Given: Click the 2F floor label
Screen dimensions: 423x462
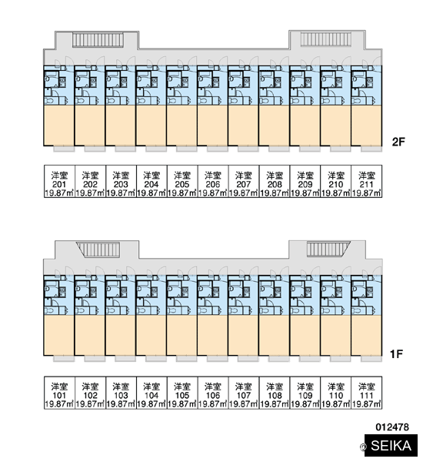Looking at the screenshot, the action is pos(398,142).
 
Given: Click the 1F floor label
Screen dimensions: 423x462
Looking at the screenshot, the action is pos(396,353).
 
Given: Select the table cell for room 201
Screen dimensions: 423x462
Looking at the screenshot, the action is pos(59,181).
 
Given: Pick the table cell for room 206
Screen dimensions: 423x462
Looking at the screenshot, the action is pos(213,181).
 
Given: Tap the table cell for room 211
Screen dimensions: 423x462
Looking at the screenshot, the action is pos(367,181).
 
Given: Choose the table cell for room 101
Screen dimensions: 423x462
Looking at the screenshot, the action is pos(59,393).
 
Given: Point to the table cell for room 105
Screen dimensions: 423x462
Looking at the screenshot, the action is pos(182,393).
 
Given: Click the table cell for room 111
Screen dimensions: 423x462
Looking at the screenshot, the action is pos(367,393).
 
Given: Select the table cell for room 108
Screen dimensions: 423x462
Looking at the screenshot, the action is pos(275,393).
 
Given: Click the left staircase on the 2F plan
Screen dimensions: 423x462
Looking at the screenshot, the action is pos(98,40).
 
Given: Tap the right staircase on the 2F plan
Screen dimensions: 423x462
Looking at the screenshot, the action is pos(326,39).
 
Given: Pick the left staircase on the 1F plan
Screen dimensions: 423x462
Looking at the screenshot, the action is pos(98,249).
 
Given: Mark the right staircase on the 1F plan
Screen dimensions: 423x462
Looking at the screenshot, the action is pos(328,249).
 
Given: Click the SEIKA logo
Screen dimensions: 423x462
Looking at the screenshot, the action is pos(391,446).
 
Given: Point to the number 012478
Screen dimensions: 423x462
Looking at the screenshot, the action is pos(392,427).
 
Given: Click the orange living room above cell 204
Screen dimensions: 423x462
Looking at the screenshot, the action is pos(152,126).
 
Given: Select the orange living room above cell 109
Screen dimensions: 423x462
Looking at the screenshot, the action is pos(305,335).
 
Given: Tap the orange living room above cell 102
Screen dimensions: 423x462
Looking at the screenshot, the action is pos(90,335).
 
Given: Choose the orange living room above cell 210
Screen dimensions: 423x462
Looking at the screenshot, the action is pos(335,126).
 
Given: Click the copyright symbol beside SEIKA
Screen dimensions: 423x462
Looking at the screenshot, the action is pos(364,447).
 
